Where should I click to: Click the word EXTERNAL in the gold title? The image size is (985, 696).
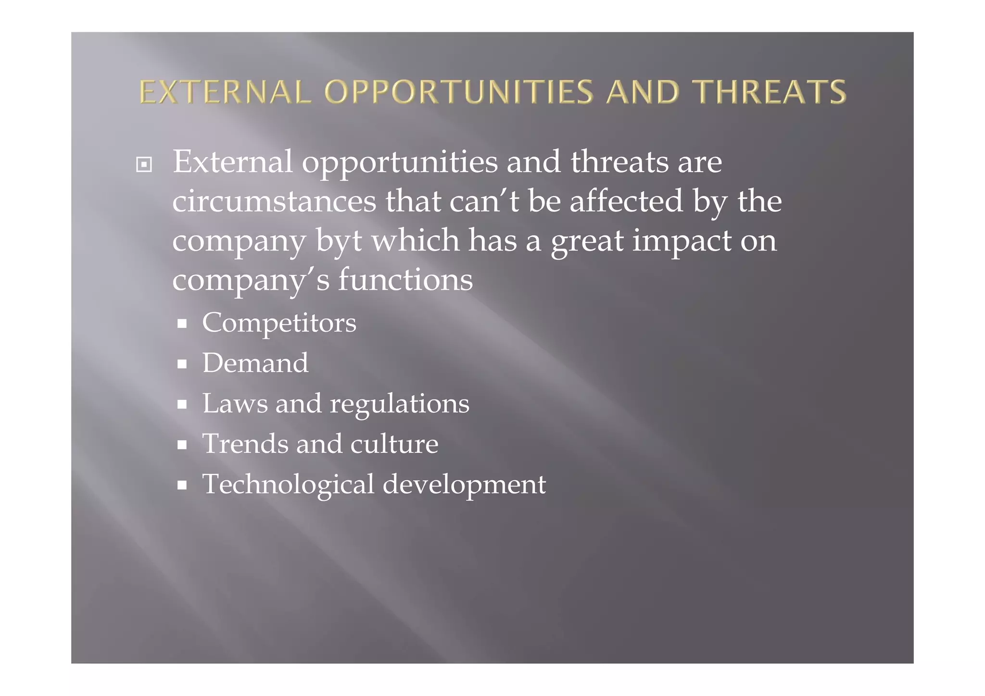[x=225, y=92]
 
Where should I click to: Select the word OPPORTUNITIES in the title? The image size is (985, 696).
[x=459, y=92]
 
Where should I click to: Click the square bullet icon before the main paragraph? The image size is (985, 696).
[x=144, y=165]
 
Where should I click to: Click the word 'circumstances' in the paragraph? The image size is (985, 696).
[x=274, y=201]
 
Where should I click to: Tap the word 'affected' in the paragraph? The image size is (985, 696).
[x=626, y=201]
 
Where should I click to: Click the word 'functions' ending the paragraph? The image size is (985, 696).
[x=405, y=280]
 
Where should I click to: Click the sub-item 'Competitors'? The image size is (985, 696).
[x=279, y=323]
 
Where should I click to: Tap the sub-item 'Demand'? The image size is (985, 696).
[x=255, y=363]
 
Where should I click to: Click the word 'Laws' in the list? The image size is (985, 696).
[x=234, y=403]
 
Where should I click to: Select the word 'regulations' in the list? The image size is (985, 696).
[x=399, y=404]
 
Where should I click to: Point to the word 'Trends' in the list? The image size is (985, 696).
[x=244, y=444]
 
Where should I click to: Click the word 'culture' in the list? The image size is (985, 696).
[x=394, y=444]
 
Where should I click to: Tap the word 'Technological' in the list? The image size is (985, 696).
[x=288, y=485]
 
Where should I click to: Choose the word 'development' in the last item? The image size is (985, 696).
[x=464, y=485]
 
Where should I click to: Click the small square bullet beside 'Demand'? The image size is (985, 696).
[x=182, y=364]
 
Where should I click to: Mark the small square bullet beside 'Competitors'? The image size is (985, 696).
[x=182, y=324]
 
